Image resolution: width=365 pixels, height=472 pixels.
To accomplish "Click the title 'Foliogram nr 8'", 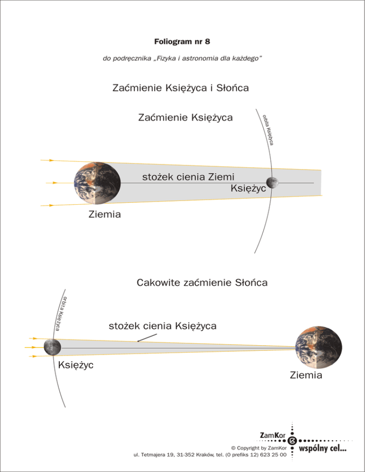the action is coord(182,42).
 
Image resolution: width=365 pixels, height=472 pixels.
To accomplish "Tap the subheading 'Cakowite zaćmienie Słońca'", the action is coord(202,283).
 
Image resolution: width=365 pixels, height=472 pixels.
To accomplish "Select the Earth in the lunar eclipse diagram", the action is coord(97,182).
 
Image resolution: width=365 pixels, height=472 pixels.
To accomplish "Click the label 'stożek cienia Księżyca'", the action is coord(163,326).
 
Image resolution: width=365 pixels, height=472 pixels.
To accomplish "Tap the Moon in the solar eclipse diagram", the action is coord(51,347).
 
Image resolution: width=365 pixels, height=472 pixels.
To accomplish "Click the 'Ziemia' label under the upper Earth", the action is coord(105,215).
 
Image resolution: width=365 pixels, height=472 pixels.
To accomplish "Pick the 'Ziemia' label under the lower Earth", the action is coord(306,376).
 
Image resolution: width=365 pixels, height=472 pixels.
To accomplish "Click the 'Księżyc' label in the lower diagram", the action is coord(75,365).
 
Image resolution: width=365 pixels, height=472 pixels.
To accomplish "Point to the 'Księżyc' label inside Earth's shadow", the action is coord(248,189).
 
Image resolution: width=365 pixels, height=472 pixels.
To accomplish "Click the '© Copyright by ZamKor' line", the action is coord(258,447).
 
